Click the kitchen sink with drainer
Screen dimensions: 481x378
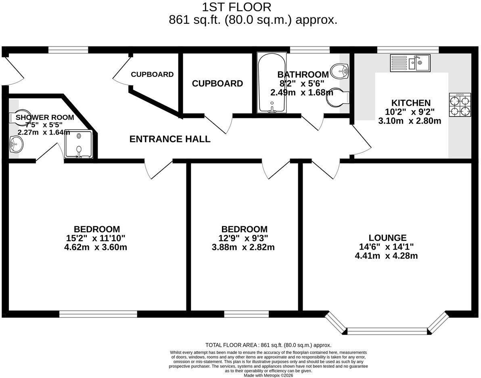pos(410,63)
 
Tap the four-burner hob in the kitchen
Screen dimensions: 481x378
pos(460,105)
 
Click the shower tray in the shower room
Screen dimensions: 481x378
pos(78,144)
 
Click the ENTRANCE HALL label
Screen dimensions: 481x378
pos(170,139)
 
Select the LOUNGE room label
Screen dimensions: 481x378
pos(388,238)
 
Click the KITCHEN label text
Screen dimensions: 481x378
pos(411,103)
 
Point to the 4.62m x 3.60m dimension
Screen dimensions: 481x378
pos(96,247)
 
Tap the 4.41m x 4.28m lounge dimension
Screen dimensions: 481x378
pos(386,256)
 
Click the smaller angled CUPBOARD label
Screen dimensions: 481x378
pos(152,74)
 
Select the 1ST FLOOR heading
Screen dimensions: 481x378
pos(236,7)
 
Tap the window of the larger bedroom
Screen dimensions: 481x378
pos(98,314)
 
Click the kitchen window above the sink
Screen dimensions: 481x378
pos(408,50)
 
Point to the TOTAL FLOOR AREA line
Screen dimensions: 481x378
pos(268,345)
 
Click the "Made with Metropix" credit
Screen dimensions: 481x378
pos(268,375)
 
